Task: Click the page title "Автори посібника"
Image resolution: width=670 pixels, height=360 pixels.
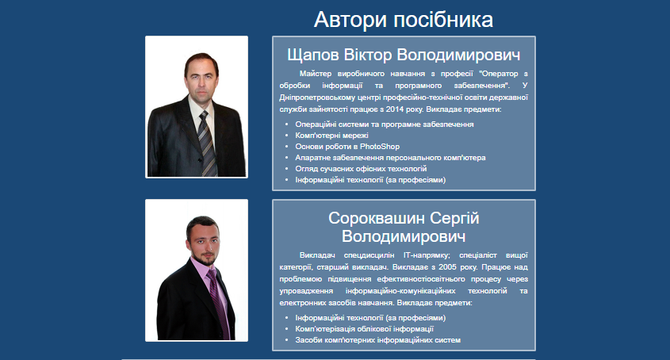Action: click(x=404, y=20)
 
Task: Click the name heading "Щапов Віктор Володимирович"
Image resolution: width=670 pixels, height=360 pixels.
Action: click(x=404, y=56)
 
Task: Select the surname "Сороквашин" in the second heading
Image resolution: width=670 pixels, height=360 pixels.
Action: click(x=377, y=218)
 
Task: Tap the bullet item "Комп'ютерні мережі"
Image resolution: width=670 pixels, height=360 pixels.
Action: click(x=331, y=136)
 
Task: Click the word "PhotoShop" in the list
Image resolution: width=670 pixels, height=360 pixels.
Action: click(x=380, y=147)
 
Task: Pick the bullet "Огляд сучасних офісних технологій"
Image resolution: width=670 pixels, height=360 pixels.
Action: click(x=361, y=169)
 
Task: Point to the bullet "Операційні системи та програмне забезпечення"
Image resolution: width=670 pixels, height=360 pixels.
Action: click(x=385, y=124)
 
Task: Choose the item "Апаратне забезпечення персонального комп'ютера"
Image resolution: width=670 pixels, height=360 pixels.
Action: click(x=391, y=158)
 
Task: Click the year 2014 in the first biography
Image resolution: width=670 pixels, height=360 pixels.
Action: click(x=395, y=109)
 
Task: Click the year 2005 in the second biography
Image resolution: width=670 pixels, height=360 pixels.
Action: click(x=447, y=267)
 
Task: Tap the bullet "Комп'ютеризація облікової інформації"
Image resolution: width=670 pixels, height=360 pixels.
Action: click(x=365, y=329)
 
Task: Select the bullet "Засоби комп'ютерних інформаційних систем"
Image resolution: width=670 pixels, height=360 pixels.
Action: click(x=378, y=340)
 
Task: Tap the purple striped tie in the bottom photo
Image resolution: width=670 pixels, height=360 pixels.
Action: click(x=219, y=303)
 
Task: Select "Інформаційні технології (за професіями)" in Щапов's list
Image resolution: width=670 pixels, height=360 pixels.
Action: click(x=370, y=180)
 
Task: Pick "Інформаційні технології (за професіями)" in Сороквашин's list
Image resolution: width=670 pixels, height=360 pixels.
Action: click(x=370, y=318)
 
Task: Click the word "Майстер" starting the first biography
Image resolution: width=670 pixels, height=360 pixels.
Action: click(x=316, y=74)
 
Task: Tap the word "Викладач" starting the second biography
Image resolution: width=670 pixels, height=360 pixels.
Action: click(x=317, y=255)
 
